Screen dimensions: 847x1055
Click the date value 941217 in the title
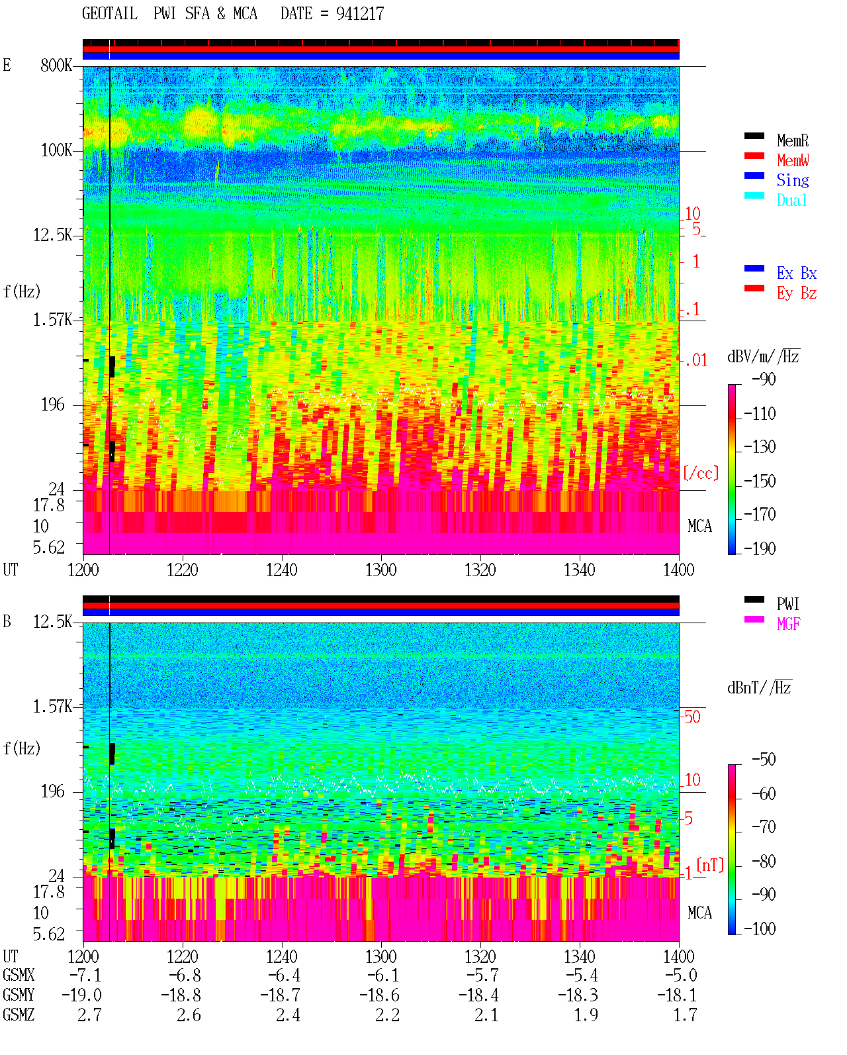(359, 14)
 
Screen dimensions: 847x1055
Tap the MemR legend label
(792, 140)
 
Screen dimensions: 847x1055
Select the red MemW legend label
(792, 160)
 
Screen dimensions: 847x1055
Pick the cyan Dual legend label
(791, 200)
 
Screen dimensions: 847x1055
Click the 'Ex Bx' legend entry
(796, 273)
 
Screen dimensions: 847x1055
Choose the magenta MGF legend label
(788, 624)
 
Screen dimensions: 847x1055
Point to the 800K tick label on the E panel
(56, 65)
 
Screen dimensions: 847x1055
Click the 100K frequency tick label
(56, 150)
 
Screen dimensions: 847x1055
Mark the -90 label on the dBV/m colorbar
(763, 379)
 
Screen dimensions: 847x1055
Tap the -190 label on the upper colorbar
(759, 548)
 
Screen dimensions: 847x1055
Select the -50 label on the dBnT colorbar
(763, 760)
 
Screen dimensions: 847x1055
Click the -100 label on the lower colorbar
(759, 929)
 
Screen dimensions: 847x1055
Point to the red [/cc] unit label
(701, 473)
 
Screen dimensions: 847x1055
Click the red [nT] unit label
(710, 865)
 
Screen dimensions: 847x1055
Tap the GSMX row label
(19, 975)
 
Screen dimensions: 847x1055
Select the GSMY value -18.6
(379, 995)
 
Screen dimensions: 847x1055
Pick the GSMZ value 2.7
(89, 1015)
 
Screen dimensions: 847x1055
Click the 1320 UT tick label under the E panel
(480, 570)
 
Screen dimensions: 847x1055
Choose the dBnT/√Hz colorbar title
(760, 688)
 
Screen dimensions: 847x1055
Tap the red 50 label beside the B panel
(692, 717)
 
